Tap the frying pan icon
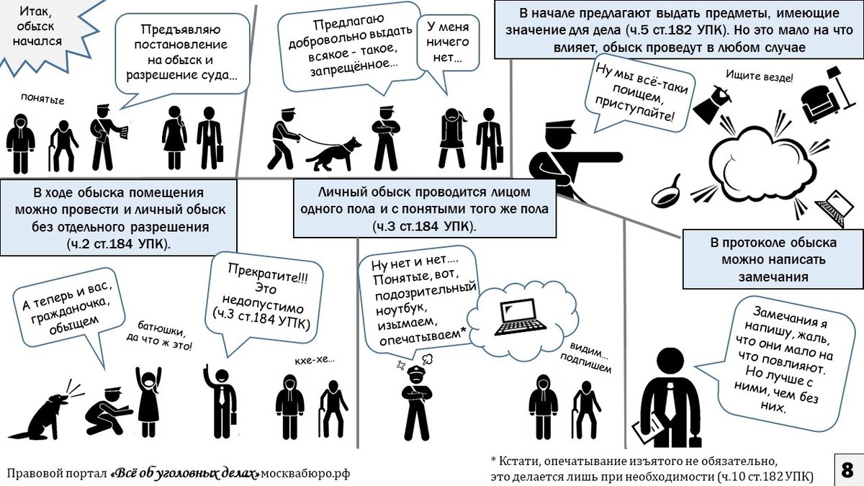click(x=668, y=190)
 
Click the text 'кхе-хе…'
click(x=314, y=359)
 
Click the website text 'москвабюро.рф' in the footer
click(x=305, y=473)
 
